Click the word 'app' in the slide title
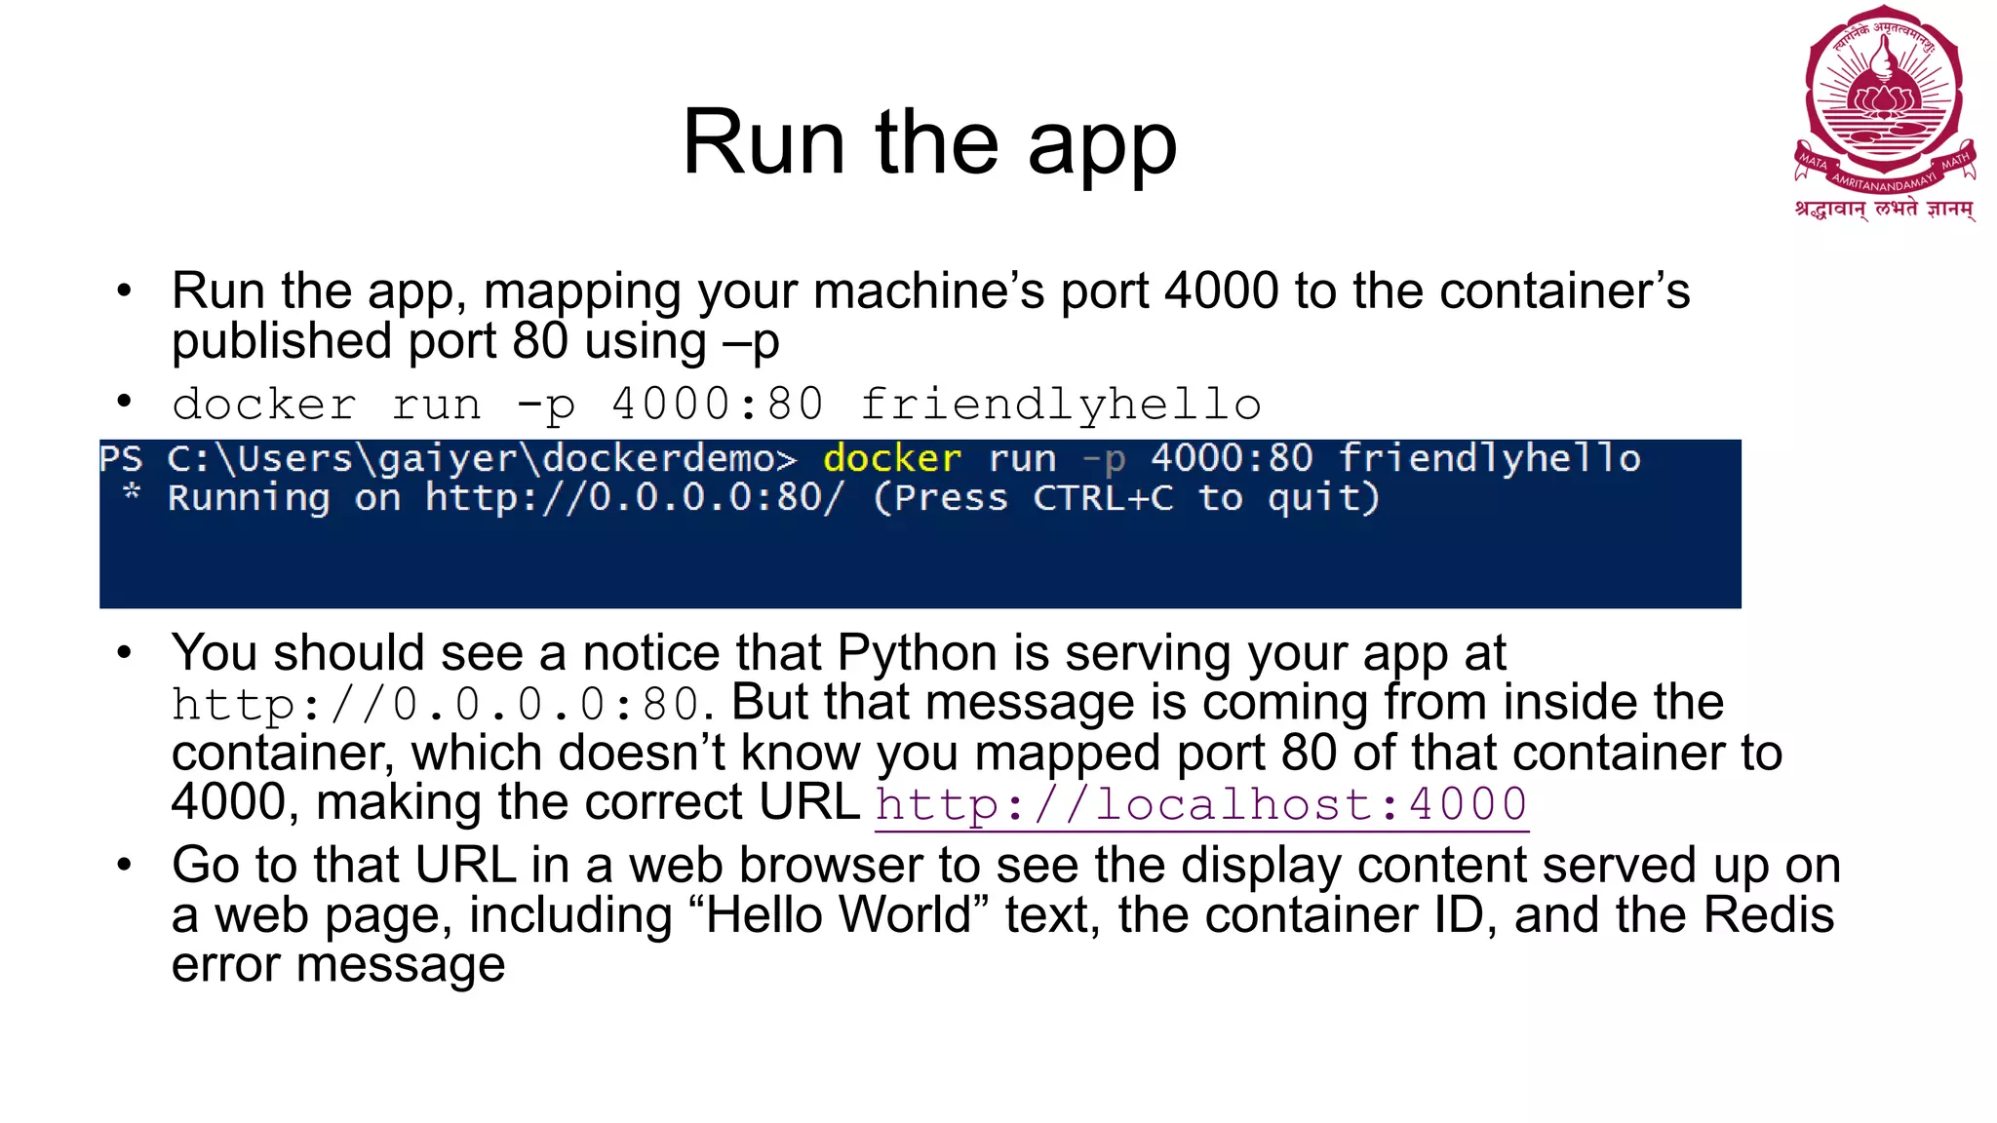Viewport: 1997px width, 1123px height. click(x=1102, y=146)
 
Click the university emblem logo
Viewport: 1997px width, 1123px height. click(x=1884, y=102)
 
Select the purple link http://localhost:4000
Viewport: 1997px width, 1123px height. click(x=1201, y=805)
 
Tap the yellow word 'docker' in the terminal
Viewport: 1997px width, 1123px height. click(x=892, y=458)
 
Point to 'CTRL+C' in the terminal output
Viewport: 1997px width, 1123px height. click(x=1103, y=498)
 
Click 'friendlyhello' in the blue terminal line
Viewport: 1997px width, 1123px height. click(x=1489, y=458)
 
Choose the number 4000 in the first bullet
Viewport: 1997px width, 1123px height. click(x=1222, y=290)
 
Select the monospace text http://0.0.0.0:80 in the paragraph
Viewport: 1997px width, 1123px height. click(x=435, y=704)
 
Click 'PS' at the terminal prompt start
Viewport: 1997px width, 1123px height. click(x=121, y=458)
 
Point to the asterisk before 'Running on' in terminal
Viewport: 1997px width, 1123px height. click(x=132, y=493)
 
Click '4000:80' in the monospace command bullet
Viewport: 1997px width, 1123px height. click(x=718, y=405)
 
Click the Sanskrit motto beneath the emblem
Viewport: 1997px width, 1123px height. click(x=1884, y=210)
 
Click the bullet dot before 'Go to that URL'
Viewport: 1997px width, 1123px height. click(x=124, y=865)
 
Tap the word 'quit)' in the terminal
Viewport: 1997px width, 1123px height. click(x=1323, y=498)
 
